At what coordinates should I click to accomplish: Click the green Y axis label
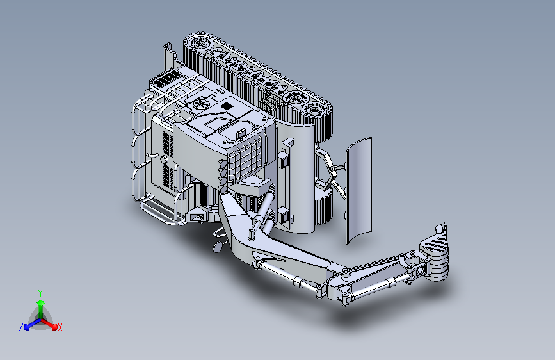point(40,293)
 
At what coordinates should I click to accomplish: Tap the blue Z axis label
point(21,327)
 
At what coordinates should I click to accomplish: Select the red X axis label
point(60,328)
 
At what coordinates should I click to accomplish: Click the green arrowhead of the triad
point(41,302)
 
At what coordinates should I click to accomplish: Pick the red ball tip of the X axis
point(54,327)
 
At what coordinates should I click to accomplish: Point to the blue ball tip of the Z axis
point(27,327)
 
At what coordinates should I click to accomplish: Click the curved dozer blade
point(358,192)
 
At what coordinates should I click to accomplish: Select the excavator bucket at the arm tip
point(434,254)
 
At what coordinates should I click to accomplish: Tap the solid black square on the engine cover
point(226,106)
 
